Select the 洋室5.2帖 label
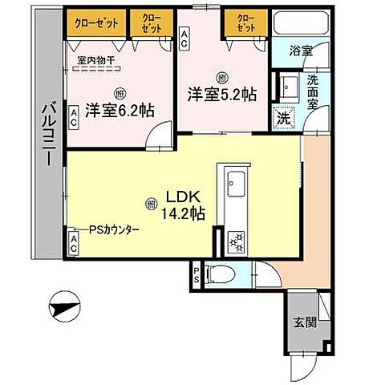(222, 93)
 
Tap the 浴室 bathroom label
(301, 50)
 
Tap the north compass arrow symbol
(65, 309)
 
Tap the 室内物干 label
(95, 59)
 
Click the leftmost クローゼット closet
(93, 23)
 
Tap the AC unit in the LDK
(72, 243)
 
